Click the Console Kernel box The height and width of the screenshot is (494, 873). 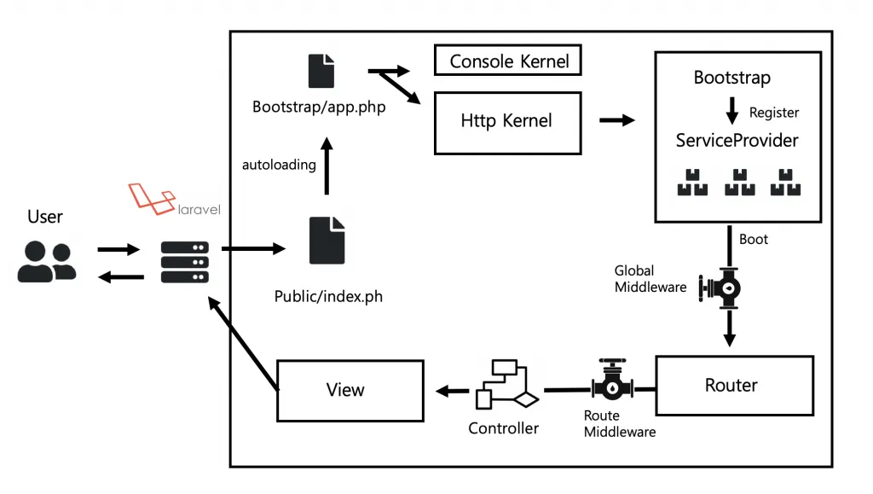(x=508, y=61)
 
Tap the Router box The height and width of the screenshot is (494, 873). (x=731, y=386)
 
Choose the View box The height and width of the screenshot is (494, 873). (x=350, y=390)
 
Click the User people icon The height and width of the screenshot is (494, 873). (x=46, y=261)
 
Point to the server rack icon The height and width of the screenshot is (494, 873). (x=185, y=261)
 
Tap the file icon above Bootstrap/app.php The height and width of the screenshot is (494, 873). (x=321, y=70)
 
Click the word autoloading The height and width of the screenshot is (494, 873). (x=279, y=165)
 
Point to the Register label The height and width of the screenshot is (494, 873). (x=773, y=112)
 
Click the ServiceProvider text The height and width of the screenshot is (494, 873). (x=737, y=140)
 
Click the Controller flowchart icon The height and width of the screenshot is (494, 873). (x=506, y=385)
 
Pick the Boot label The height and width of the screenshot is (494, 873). (x=754, y=239)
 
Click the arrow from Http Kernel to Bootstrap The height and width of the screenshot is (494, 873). (x=617, y=120)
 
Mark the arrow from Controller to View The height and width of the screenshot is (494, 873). (x=453, y=391)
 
